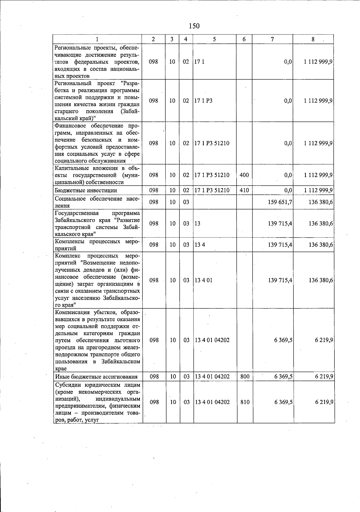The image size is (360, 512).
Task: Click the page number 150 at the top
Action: pyautogui.click(x=194, y=26)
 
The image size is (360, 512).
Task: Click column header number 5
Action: pyautogui.click(x=214, y=39)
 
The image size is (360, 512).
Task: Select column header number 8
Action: pyautogui.click(x=313, y=39)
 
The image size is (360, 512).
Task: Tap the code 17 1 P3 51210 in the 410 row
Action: pyautogui.click(x=212, y=190)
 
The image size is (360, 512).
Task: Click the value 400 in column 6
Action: pyautogui.click(x=244, y=175)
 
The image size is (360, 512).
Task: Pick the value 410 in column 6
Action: pyautogui.click(x=244, y=190)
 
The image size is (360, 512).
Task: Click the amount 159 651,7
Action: pyautogui.click(x=280, y=202)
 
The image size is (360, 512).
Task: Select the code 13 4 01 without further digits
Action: pyautogui.click(x=204, y=280)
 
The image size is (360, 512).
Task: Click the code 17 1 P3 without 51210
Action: pyautogui.click(x=203, y=101)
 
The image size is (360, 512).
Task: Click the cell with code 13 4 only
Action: pyautogui.click(x=200, y=245)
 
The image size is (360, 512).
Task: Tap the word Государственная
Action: pyautogui.click(x=77, y=213)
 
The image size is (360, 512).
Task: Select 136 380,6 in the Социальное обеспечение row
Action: pyautogui.click(x=321, y=202)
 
